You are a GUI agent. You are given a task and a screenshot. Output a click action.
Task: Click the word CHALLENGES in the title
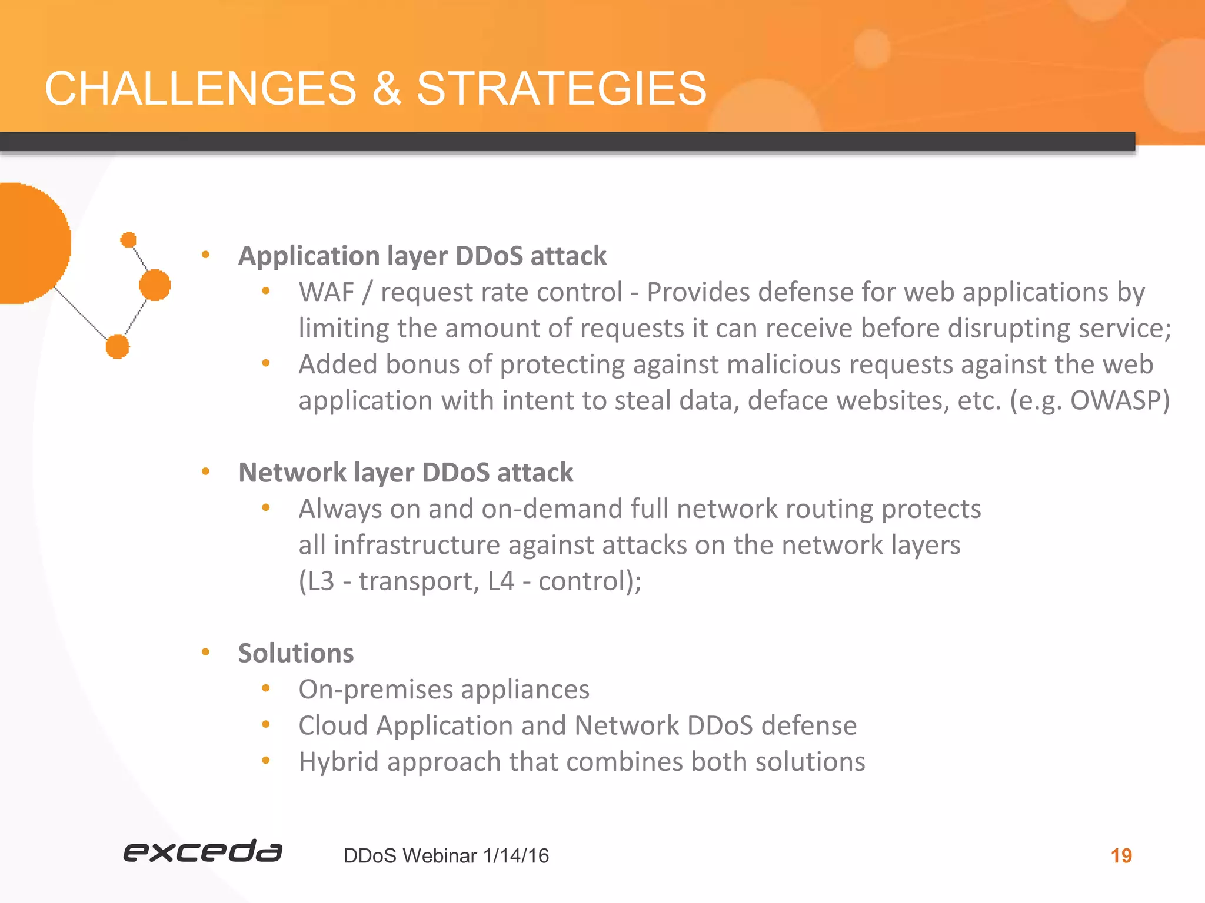[x=201, y=89]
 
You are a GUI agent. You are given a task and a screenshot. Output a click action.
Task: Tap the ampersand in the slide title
[x=387, y=89]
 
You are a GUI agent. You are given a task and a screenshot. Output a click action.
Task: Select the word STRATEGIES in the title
[x=561, y=89]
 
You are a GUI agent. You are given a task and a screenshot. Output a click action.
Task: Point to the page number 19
[x=1121, y=855]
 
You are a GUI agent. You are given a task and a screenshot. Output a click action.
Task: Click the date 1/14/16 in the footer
[x=516, y=856]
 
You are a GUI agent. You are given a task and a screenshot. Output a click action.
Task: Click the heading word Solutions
[x=296, y=653]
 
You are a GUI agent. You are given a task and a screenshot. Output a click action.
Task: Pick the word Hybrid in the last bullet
[x=338, y=762]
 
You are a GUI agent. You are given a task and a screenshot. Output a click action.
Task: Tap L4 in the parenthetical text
[x=501, y=581]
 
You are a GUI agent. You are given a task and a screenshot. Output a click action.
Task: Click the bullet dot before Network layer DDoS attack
[x=205, y=471]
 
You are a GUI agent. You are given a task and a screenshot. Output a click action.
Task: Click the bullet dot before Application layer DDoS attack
[x=205, y=255]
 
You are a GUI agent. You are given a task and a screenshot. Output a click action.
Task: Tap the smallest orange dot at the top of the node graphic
[x=128, y=240]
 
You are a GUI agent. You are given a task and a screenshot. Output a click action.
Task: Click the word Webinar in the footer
[x=440, y=856]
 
